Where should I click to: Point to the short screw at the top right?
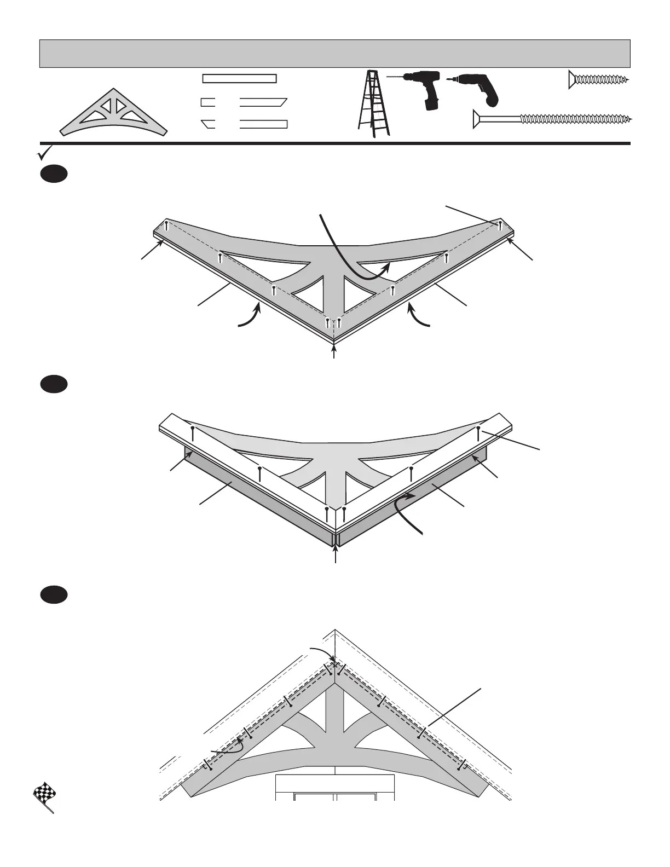click(599, 80)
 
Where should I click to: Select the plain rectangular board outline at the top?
click(239, 78)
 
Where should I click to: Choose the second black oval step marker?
click(54, 384)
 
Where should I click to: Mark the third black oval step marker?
click(54, 595)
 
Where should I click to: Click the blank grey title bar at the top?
click(334, 54)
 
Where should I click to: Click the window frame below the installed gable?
click(335, 788)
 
